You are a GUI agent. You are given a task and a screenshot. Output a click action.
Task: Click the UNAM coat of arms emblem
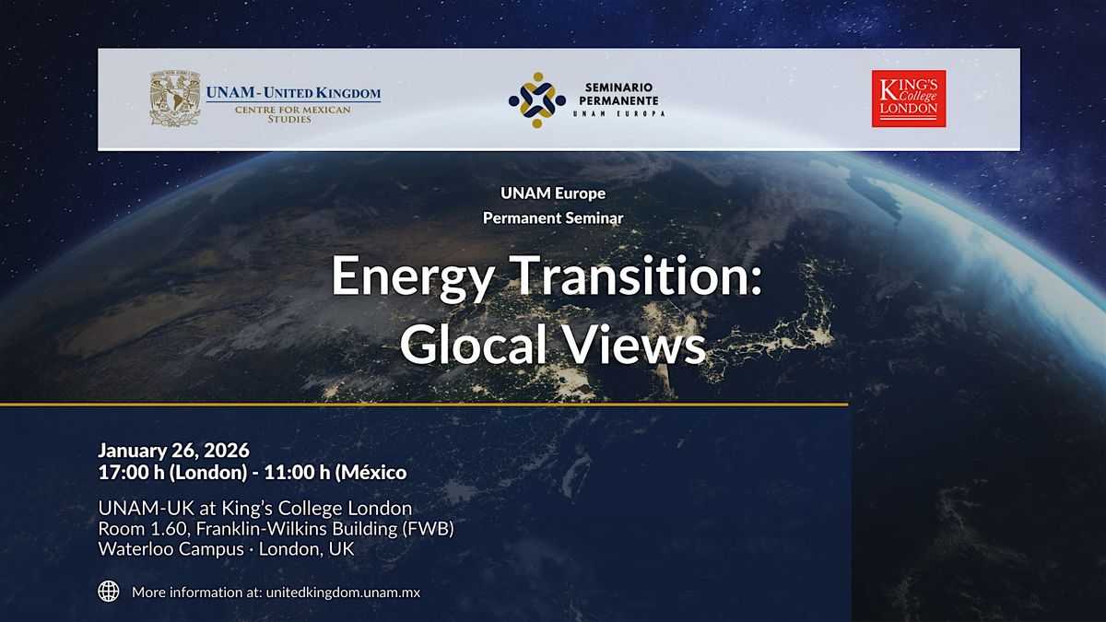coord(176,99)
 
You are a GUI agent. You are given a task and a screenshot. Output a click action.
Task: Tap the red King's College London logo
coord(909,99)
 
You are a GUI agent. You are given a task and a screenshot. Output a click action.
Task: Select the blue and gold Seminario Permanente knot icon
coord(537,100)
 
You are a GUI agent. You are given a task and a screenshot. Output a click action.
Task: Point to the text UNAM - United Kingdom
coord(293,92)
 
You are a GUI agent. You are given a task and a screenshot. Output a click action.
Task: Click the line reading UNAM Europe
coord(552,194)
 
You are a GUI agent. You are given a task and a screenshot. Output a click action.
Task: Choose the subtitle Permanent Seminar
coord(552,218)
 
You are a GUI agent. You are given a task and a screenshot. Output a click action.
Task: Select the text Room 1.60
coord(135,528)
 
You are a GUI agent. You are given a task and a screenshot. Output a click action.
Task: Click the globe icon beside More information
coord(109,592)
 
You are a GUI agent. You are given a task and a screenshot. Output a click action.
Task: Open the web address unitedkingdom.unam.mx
coord(342,593)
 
